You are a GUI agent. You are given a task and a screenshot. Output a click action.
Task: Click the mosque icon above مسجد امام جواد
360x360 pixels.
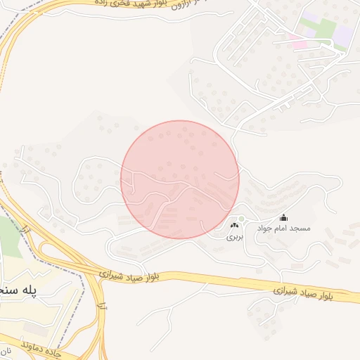tap(283, 218)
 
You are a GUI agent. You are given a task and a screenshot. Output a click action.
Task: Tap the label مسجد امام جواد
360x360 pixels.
tap(283, 229)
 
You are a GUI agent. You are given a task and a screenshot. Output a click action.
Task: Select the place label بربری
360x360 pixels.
tap(233, 238)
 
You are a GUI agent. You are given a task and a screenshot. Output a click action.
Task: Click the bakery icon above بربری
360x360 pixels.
tap(233, 226)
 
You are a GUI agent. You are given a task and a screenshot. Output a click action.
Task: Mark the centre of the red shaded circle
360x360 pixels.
tap(180, 179)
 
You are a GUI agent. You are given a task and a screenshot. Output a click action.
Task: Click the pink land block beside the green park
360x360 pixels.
tap(298, 44)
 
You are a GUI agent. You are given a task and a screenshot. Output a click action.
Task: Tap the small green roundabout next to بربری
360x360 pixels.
tap(242, 219)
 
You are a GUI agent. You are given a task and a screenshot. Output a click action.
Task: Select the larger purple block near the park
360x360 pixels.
tap(342, 33)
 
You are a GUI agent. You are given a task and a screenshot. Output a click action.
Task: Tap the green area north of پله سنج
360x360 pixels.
tap(9, 236)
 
